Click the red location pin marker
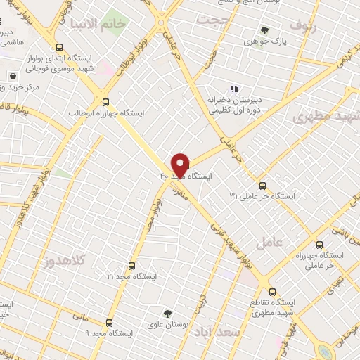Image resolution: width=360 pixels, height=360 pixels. tap(181, 165)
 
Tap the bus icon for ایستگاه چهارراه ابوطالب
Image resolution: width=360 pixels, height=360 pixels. tap(105, 101)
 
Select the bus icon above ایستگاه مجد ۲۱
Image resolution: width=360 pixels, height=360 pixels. tap(131, 266)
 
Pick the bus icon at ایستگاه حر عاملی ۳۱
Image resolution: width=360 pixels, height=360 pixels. tap(263, 186)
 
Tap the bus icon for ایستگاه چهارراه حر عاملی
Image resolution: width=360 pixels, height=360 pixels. tap(320, 245)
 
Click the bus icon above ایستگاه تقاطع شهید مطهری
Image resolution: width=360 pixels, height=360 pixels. tap(271, 290)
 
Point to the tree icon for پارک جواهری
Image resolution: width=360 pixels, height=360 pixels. tap(264, 30)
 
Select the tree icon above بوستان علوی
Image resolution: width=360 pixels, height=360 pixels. tap(167, 313)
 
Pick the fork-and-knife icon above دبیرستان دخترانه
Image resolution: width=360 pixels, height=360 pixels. tap(235, 89)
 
